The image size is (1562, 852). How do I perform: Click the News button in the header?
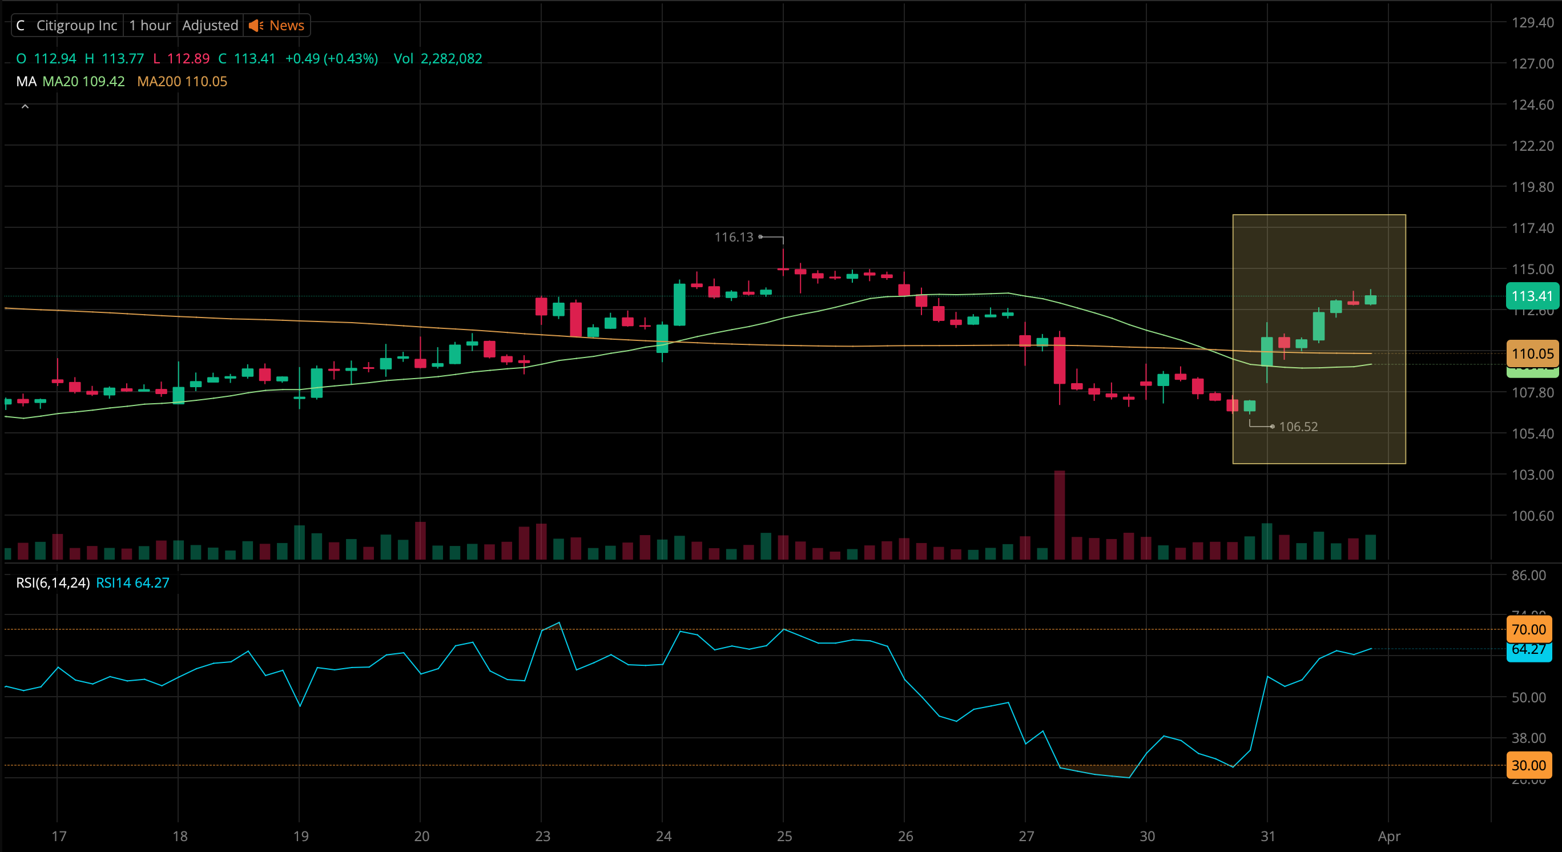click(x=277, y=26)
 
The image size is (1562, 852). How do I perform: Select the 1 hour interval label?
click(x=150, y=26)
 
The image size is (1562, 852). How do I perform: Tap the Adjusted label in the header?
click(x=210, y=26)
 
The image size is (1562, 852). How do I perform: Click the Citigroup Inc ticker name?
click(x=77, y=26)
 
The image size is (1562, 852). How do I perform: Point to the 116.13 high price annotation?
click(x=733, y=237)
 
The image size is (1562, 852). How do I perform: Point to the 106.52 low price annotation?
click(x=1298, y=427)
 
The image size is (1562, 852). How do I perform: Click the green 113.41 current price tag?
click(x=1531, y=296)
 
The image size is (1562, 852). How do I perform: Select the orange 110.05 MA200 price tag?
click(x=1532, y=353)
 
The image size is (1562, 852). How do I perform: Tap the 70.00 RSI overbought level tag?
click(x=1529, y=629)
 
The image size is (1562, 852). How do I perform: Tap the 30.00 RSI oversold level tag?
click(x=1529, y=765)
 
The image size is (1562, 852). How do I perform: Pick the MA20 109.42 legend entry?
click(x=84, y=81)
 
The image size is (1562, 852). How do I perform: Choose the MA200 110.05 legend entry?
click(x=182, y=81)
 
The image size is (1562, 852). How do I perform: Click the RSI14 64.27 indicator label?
click(x=133, y=583)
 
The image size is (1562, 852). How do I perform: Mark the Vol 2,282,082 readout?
click(x=438, y=59)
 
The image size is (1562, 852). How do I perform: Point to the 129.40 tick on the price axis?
click(x=1532, y=22)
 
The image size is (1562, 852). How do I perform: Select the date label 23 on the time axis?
click(x=542, y=836)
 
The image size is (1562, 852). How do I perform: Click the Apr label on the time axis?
click(x=1388, y=836)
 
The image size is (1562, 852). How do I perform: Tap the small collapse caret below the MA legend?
click(x=25, y=107)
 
